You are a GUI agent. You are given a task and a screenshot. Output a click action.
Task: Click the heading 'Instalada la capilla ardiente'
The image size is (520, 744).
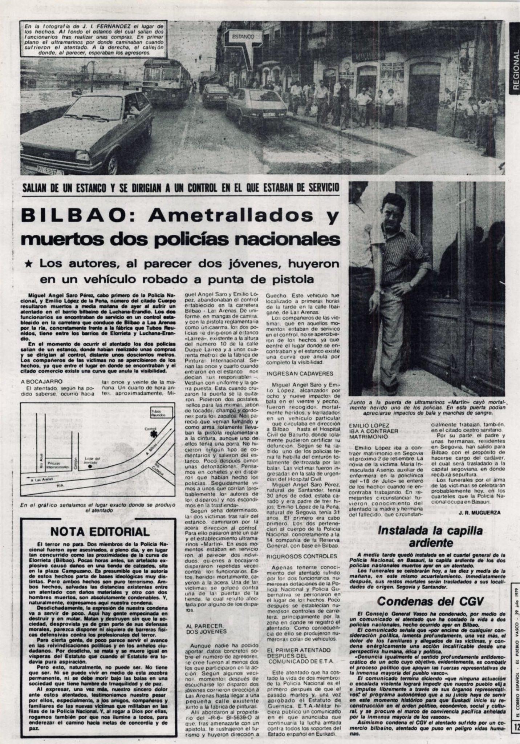[x=430, y=537]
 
